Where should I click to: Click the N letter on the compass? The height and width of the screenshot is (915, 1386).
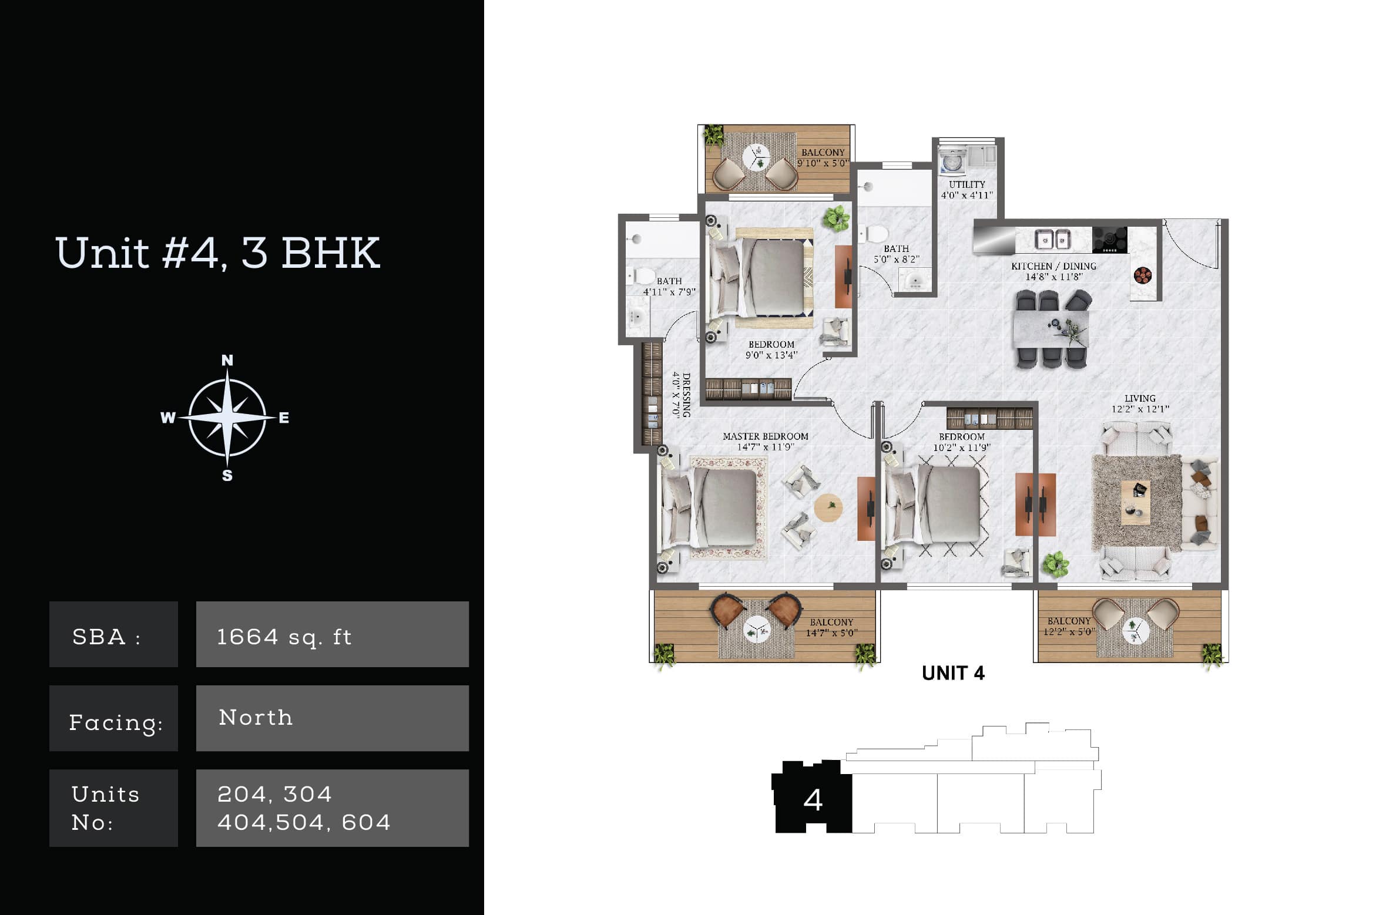[x=227, y=360]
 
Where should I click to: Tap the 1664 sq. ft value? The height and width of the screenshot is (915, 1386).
[x=284, y=637]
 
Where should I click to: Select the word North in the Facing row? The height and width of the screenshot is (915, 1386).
[x=256, y=718]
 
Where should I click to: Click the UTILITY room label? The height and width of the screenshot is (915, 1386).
[x=966, y=184]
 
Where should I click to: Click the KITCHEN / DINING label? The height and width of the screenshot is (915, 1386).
[x=1053, y=266]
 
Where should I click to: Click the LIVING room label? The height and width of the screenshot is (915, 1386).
[x=1140, y=398]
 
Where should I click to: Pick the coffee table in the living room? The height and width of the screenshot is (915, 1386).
[x=1135, y=503]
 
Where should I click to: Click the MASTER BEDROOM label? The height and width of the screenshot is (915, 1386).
[x=765, y=436]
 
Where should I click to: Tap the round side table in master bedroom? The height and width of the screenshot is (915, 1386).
[x=828, y=507]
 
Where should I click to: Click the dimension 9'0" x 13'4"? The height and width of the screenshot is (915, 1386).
[x=771, y=355]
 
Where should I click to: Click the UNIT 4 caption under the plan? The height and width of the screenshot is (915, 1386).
[x=953, y=673]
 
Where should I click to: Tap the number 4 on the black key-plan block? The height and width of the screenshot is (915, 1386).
[x=813, y=800]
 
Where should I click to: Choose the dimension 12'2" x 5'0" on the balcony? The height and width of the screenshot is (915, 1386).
[x=1069, y=632]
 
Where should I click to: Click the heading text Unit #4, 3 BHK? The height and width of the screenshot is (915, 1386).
[x=217, y=254]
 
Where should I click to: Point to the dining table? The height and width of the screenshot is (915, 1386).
[x=1051, y=329]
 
